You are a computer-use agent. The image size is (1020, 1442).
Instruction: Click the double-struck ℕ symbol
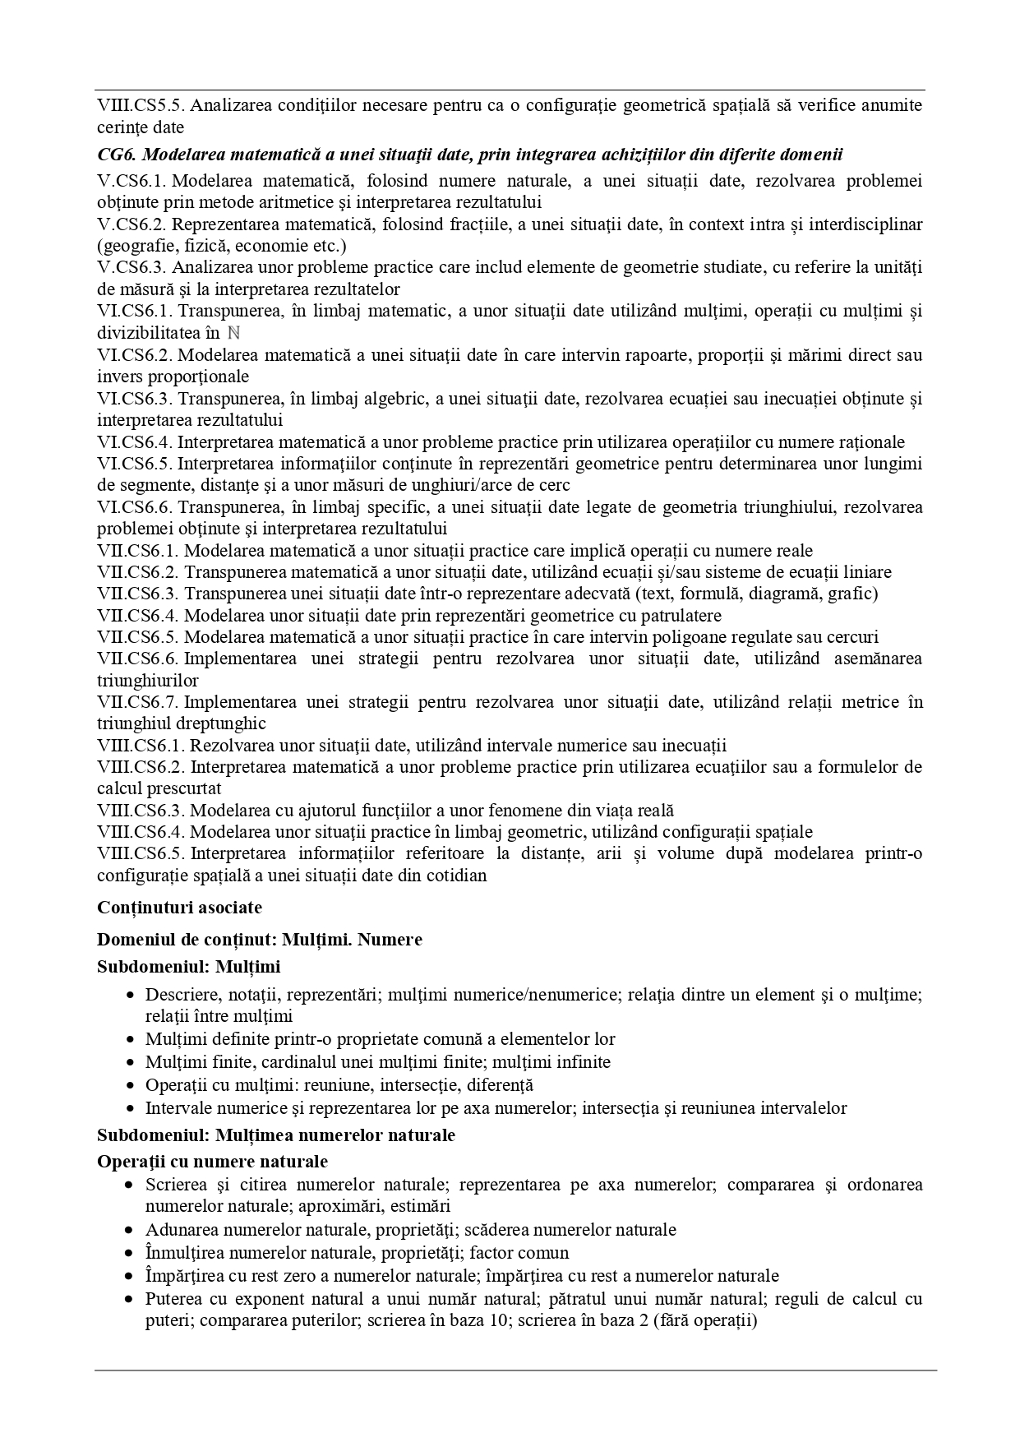(x=233, y=333)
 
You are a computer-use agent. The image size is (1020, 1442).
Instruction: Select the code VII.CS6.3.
(x=137, y=594)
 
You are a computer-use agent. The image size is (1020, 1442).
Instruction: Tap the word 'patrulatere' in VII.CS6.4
(x=681, y=615)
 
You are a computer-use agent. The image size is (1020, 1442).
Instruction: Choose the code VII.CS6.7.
(x=137, y=702)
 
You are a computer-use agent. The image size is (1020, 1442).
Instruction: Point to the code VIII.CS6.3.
(x=141, y=810)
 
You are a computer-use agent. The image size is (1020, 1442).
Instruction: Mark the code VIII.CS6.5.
(x=141, y=853)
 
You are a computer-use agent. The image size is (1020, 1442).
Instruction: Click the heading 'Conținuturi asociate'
(x=179, y=908)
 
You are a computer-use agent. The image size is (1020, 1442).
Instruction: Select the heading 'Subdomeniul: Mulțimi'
(x=188, y=967)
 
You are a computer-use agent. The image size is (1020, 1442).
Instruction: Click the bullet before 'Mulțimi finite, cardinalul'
(x=130, y=1062)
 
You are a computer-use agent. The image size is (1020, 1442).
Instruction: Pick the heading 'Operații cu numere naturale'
(x=212, y=1162)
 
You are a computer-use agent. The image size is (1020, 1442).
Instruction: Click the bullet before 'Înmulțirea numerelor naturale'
(x=130, y=1254)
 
